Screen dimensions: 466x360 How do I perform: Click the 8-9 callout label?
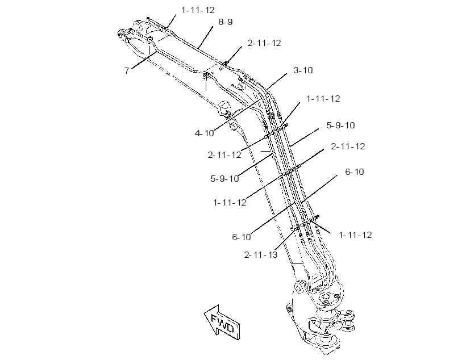tap(225, 22)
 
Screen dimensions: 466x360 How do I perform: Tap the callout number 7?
tap(127, 70)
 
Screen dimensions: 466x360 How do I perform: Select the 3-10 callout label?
tap(303, 70)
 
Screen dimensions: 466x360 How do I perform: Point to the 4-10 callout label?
tap(204, 133)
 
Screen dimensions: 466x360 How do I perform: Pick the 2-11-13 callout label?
tap(261, 255)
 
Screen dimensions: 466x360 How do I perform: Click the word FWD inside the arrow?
tap(222, 324)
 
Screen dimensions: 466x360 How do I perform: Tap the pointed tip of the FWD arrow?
tap(204, 312)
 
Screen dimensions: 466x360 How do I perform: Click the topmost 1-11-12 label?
tap(198, 10)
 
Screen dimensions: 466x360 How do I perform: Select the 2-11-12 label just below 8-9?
tap(264, 43)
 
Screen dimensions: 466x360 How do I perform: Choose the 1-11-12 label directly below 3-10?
tap(323, 99)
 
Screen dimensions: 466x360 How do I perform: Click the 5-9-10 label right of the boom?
tap(340, 125)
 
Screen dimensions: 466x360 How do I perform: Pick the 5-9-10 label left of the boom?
tap(224, 179)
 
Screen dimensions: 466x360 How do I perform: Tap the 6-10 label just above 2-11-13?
tap(242, 237)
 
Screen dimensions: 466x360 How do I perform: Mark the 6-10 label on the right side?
tap(355, 172)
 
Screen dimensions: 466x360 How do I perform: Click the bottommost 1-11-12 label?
tap(355, 235)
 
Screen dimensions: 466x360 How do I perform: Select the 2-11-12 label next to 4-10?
tap(224, 155)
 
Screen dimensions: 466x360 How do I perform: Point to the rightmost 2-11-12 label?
tap(348, 146)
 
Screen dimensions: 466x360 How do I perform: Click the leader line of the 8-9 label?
tap(205, 37)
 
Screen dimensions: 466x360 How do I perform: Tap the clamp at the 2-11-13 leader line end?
tap(296, 229)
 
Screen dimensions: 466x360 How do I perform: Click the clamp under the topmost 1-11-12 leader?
tap(166, 29)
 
